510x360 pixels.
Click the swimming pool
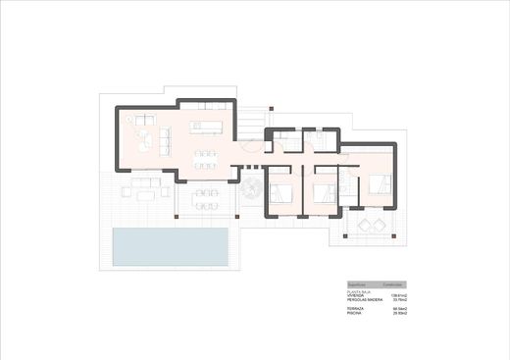(171, 246)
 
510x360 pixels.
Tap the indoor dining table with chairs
(206, 157)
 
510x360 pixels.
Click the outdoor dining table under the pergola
(206, 199)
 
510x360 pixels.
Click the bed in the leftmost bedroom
(282, 189)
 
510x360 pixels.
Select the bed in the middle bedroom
(326, 187)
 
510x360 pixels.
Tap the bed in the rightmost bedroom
(381, 183)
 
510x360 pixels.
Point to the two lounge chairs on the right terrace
(372, 226)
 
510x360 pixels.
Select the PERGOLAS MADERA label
(351, 299)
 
